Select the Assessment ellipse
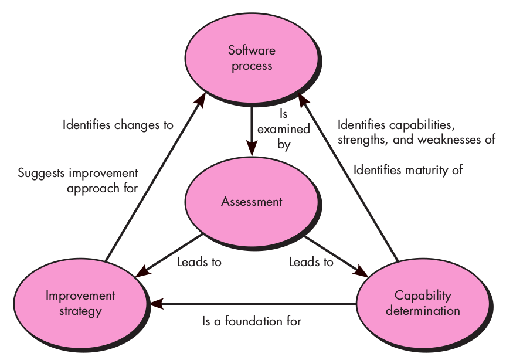point(252,202)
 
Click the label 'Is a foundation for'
point(252,321)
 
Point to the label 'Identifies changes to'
point(118,124)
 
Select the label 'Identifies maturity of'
point(408,171)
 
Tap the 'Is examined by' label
point(284,128)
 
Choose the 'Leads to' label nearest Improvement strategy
point(199,262)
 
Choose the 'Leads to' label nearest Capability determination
point(311,262)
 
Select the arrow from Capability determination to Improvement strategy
point(252,304)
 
